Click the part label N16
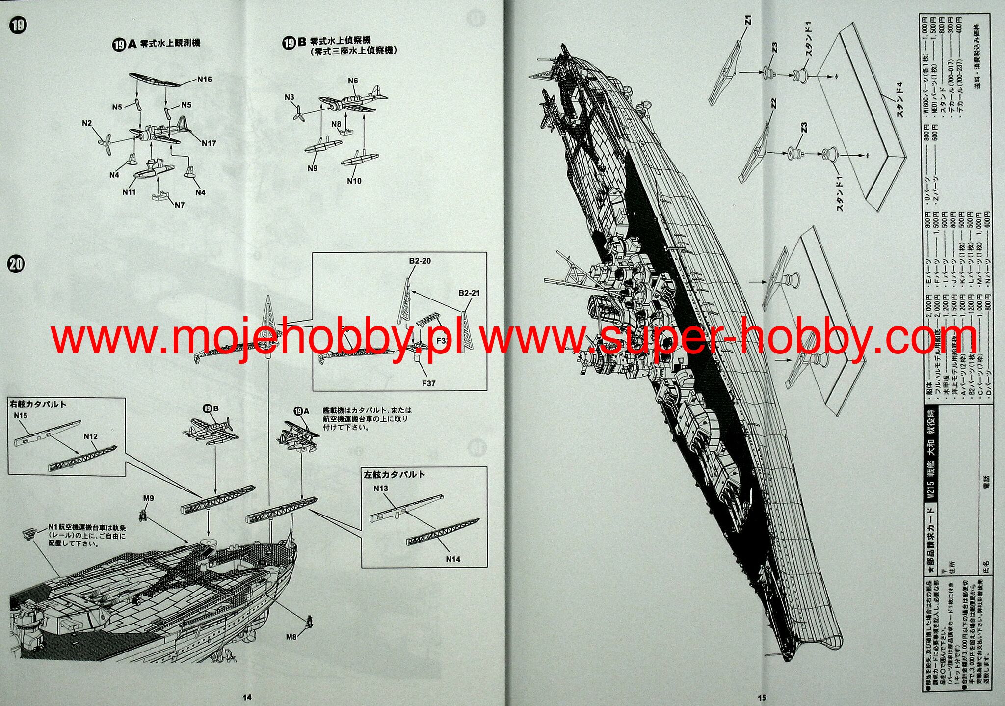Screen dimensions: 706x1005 click(x=205, y=79)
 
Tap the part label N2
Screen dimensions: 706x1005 click(x=87, y=123)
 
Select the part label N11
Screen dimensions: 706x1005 click(x=129, y=192)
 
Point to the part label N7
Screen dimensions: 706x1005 click(x=180, y=205)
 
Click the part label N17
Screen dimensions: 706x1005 click(x=209, y=143)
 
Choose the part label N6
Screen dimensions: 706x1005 click(x=353, y=81)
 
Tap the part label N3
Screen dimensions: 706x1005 click(x=290, y=97)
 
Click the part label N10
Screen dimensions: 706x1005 click(x=354, y=181)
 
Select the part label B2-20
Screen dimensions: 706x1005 click(x=420, y=261)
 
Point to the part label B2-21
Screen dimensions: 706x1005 click(x=469, y=293)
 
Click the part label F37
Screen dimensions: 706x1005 click(x=428, y=383)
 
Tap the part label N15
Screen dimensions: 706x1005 click(x=21, y=415)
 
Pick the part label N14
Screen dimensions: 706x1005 click(x=453, y=559)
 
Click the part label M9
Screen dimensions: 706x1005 click(x=148, y=498)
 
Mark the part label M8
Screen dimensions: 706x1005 click(x=291, y=637)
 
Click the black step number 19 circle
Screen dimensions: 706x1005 click(x=18, y=26)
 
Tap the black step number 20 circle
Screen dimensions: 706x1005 click(x=16, y=264)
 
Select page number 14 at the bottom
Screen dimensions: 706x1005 click(x=247, y=697)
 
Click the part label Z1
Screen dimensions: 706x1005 click(x=748, y=21)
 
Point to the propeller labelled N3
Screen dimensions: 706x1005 click(x=296, y=114)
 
